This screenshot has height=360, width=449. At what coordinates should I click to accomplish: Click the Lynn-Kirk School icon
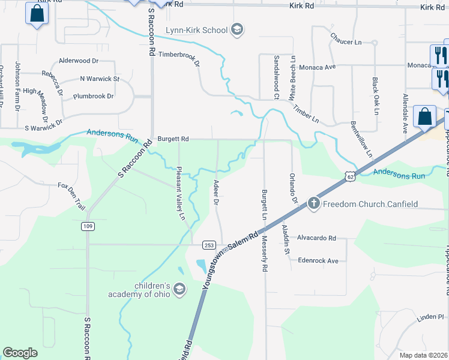[237, 30]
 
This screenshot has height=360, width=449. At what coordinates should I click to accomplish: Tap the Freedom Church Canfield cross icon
[313, 204]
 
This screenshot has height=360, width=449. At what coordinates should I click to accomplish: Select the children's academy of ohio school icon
[178, 290]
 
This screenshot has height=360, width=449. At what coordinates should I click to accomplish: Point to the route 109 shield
[88, 226]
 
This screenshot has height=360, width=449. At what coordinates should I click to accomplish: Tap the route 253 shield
[209, 245]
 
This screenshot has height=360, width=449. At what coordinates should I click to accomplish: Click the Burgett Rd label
[173, 139]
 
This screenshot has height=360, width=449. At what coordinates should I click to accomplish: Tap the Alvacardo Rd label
[316, 238]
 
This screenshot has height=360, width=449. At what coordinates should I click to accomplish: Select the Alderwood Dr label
[79, 61]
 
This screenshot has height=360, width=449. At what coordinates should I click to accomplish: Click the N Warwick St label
[100, 79]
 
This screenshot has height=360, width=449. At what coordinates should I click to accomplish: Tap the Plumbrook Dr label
[93, 96]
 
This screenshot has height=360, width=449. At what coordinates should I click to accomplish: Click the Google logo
[20, 353]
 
